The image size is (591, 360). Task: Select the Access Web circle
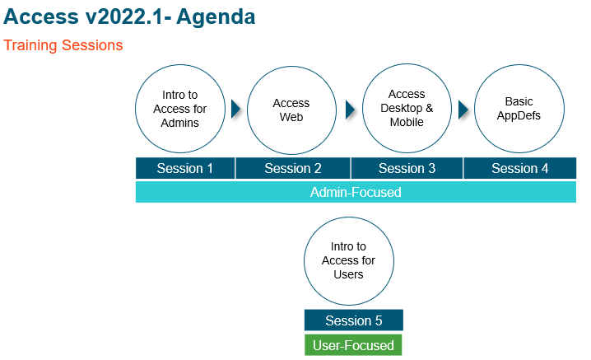[291, 110]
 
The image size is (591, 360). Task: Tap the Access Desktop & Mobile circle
[407, 108]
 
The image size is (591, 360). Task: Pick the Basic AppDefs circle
[519, 109]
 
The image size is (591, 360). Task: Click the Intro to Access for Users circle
[348, 260]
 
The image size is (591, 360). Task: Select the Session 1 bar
[185, 168]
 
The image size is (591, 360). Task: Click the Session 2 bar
[293, 168]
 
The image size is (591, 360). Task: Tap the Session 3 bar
[407, 168]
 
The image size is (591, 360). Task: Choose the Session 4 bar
[519, 168]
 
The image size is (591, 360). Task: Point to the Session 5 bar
[354, 320]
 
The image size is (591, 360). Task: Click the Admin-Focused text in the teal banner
[356, 193]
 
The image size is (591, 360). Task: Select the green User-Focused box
[354, 345]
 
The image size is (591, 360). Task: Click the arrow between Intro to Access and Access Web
[235, 109]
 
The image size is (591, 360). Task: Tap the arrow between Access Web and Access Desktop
[350, 109]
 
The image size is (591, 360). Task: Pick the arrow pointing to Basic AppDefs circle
[463, 109]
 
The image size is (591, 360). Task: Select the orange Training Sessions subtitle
[63, 45]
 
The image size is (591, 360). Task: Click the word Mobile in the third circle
[407, 122]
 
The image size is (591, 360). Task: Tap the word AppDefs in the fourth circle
[519, 115]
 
